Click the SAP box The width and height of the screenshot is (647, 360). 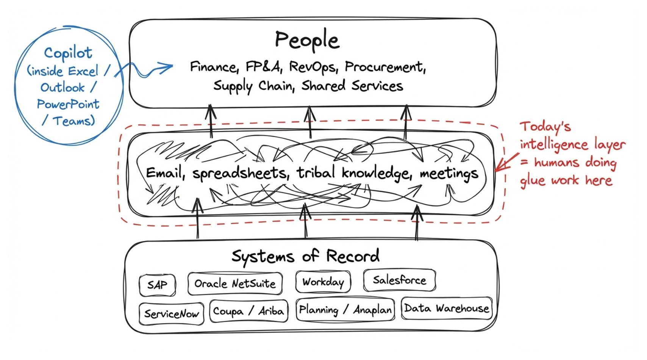tap(157, 285)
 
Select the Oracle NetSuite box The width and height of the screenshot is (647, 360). tap(235, 283)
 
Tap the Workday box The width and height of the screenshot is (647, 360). tap(323, 282)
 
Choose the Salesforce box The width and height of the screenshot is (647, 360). tap(399, 280)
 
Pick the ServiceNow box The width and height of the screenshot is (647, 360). tap(171, 314)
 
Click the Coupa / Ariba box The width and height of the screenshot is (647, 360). tap(248, 311)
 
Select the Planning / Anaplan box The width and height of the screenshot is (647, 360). tap(345, 310)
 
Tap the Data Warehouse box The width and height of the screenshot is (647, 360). tap(447, 308)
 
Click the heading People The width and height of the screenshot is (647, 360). tap(307, 40)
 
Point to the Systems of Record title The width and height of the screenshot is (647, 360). tap(305, 257)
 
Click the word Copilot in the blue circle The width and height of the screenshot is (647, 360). tap(68, 53)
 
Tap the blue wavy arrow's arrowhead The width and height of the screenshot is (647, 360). tap(169, 67)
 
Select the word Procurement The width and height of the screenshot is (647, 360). tap(385, 67)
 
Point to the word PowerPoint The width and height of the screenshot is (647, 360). tap(68, 104)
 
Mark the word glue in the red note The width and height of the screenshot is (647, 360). tap(533, 181)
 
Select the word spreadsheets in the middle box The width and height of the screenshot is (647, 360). tap(239, 173)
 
